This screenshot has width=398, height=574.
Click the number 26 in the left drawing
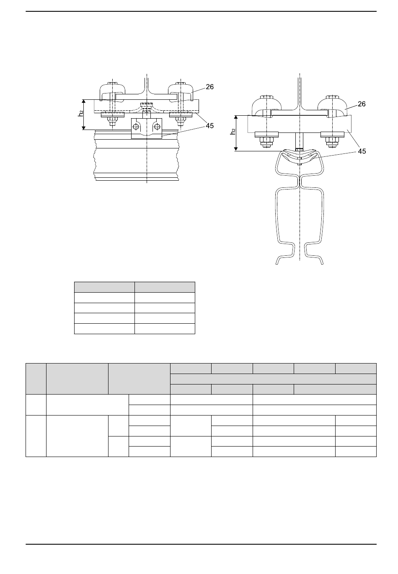click(209, 87)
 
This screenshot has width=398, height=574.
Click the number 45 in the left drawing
click(209, 126)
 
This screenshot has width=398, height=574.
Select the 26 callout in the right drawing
click(362, 104)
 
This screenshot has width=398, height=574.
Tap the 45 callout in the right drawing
click(362, 151)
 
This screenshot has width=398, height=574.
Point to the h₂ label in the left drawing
click(81, 113)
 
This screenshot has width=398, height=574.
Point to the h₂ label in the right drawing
click(233, 131)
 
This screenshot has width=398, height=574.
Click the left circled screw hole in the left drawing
click(136, 126)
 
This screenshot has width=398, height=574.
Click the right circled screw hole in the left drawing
click(157, 126)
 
